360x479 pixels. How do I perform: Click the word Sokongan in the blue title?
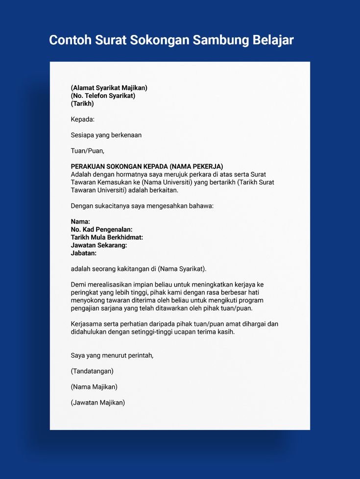click(159, 40)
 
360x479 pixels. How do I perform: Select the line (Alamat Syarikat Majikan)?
click(109, 88)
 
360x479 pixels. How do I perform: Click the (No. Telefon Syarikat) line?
click(103, 96)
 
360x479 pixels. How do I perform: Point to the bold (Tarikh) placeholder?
click(82, 103)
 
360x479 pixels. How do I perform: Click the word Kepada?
click(83, 119)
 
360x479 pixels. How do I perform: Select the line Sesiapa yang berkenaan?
click(106, 135)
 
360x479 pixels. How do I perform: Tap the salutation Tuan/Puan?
click(88, 150)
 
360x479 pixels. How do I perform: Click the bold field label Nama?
click(80, 222)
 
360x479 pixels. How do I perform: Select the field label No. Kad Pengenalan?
click(101, 229)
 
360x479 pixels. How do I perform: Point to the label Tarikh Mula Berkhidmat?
click(107, 237)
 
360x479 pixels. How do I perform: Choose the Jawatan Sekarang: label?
click(99, 245)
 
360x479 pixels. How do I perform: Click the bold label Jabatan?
click(84, 253)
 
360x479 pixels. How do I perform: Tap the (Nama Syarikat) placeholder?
click(182, 269)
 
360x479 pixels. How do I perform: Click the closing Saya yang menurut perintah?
click(112, 355)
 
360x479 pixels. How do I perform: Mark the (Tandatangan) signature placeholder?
click(92, 371)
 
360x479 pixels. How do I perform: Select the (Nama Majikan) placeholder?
click(94, 386)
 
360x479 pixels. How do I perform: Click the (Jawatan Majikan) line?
click(98, 403)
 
